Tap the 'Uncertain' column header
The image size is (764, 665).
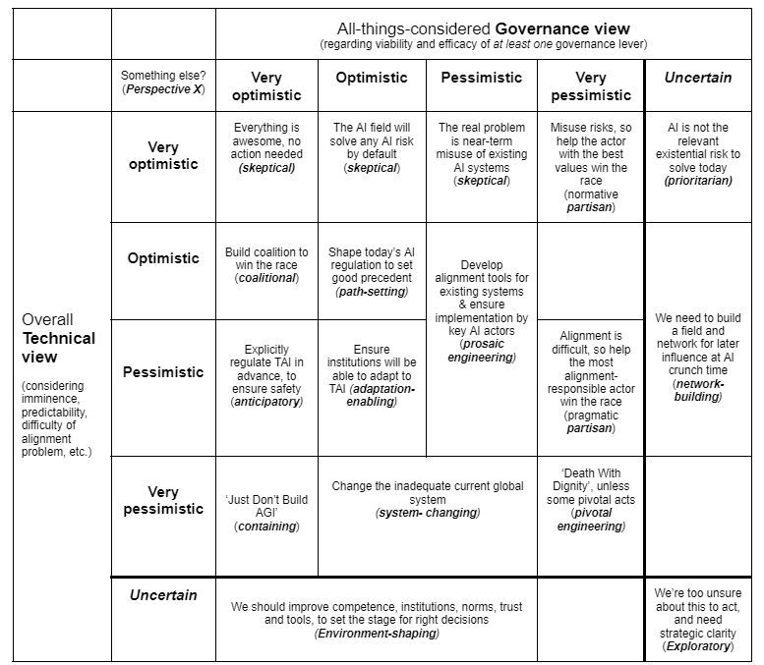(698, 78)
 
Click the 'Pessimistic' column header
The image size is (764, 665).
(482, 78)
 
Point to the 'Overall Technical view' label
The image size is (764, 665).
(59, 339)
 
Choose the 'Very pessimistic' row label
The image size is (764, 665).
(163, 500)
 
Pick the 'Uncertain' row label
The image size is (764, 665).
(163, 595)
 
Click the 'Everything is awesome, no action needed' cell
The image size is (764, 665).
(266, 147)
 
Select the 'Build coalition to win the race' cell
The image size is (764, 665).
(266, 265)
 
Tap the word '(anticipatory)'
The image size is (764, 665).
(266, 402)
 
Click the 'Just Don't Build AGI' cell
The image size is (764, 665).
(266, 513)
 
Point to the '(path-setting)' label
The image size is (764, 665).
(373, 293)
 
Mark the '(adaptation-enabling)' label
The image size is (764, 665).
(373, 396)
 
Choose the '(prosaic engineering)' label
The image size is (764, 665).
(481, 350)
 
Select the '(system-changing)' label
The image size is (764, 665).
(426, 513)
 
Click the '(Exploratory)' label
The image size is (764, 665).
(698, 646)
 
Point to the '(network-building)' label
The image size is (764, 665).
(698, 390)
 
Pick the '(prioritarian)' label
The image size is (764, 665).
(698, 181)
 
